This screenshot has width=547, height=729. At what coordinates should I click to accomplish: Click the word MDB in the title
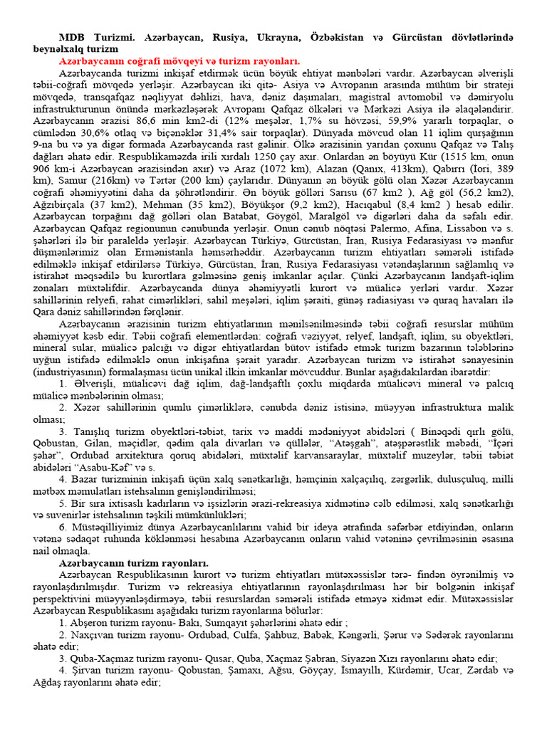point(73,36)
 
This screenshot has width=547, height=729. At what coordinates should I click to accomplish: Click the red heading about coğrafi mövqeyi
point(179,61)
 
